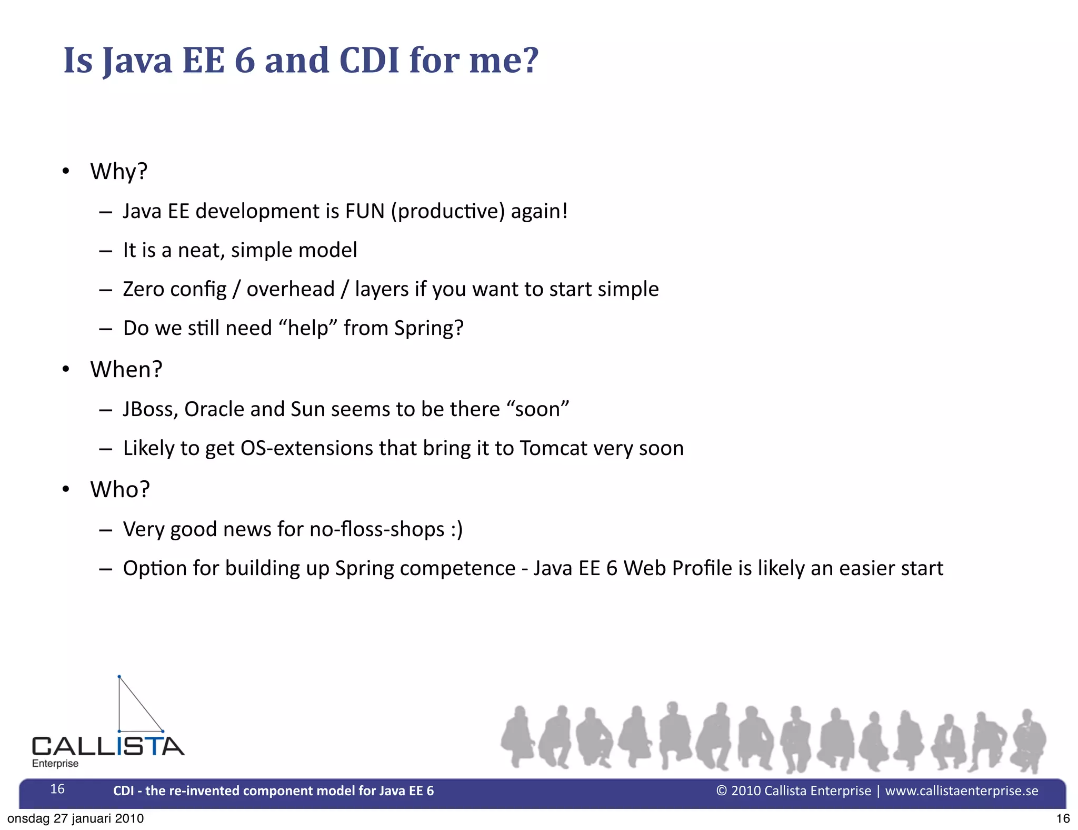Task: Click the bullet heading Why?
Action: click(x=119, y=172)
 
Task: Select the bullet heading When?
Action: click(x=126, y=370)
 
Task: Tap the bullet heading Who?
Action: click(x=120, y=490)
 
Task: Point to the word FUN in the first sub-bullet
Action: click(x=365, y=211)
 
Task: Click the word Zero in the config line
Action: click(x=143, y=289)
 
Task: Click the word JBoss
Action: click(x=150, y=409)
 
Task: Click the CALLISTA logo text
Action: click(x=108, y=746)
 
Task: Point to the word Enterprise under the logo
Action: click(x=55, y=764)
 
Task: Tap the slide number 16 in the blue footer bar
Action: click(x=57, y=789)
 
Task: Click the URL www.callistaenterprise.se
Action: click(x=961, y=791)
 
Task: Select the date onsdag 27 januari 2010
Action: click(x=75, y=818)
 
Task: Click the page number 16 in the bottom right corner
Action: click(x=1063, y=818)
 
